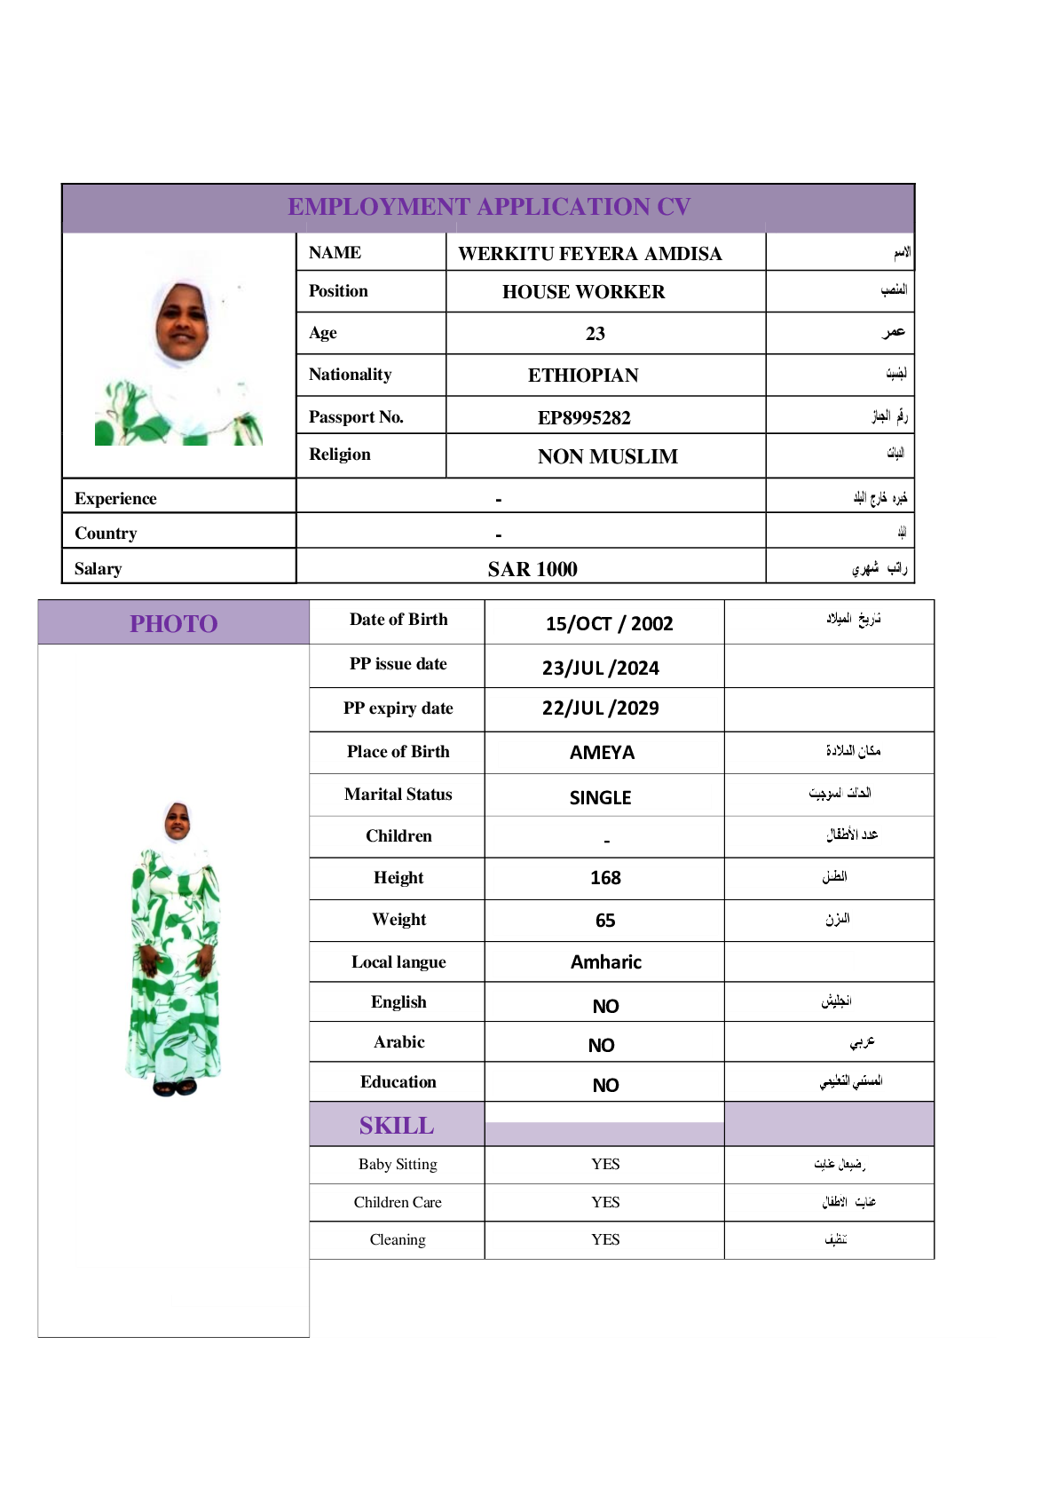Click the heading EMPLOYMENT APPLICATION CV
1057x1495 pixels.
489,207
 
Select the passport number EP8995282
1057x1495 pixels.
584,417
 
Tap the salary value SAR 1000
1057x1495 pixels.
532,569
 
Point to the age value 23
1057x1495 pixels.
596,334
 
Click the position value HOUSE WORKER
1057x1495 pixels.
583,292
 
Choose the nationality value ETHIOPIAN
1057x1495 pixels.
583,376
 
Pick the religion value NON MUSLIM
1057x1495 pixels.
607,456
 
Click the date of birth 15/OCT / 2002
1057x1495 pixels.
609,623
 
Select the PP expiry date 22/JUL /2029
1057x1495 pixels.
600,708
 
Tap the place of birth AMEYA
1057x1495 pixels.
602,753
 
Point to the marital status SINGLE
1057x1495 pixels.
600,797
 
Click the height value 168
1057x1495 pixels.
605,878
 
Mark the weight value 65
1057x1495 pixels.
605,921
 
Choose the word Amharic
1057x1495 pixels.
605,962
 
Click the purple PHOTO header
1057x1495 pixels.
174,623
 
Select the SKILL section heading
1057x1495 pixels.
397,1126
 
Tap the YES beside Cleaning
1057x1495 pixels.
605,1239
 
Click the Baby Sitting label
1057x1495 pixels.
398,1164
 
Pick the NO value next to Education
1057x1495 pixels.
605,1085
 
